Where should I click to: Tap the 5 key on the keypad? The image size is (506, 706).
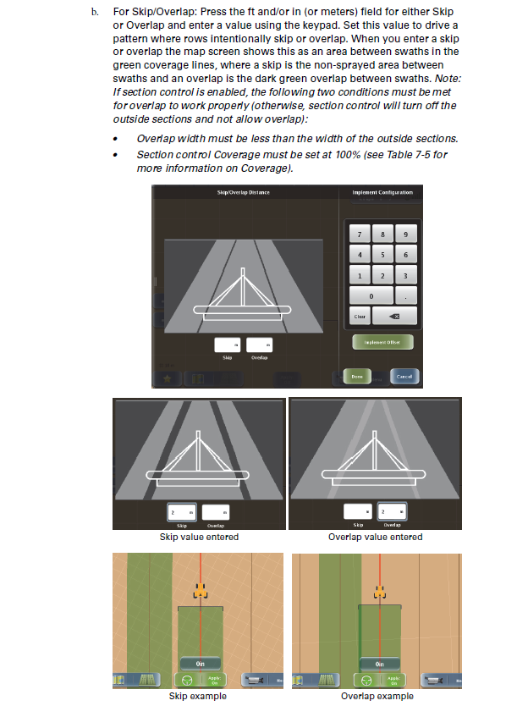(x=382, y=255)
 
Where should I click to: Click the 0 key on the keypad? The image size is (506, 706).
(x=371, y=295)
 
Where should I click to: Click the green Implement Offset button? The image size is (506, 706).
(x=382, y=342)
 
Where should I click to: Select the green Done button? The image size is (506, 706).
(x=357, y=376)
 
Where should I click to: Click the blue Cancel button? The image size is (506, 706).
(x=404, y=376)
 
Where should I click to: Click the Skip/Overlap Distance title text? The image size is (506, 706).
(x=244, y=193)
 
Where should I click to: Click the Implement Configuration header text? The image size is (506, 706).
(x=382, y=193)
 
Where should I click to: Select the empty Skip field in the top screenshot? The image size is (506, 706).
(x=227, y=345)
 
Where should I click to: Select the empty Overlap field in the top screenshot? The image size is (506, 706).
(x=259, y=345)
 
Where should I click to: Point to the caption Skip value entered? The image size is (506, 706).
(x=199, y=537)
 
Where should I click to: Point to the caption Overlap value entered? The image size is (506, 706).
(x=375, y=537)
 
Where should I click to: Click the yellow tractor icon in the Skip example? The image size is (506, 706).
(x=200, y=592)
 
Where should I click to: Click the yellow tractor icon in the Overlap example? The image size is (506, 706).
(x=379, y=592)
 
